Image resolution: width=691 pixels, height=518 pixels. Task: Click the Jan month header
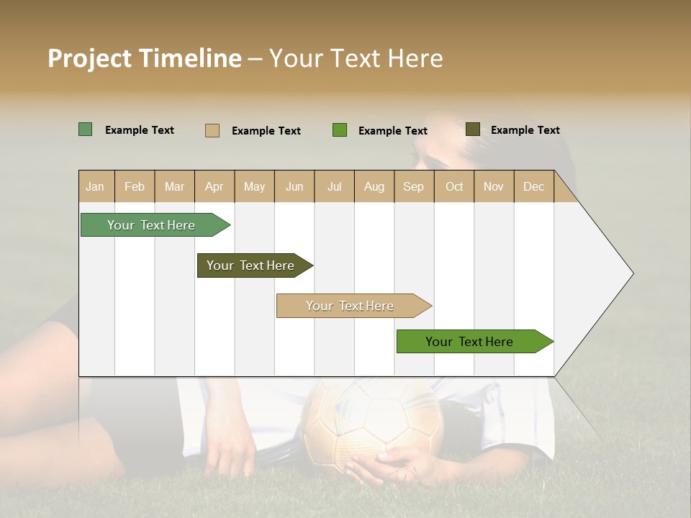point(95,186)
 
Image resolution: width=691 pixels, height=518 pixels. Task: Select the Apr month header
point(214,186)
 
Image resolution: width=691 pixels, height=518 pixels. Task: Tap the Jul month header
point(334,186)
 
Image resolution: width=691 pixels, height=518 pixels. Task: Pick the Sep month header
point(413,186)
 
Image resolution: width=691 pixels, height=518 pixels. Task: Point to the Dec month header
point(533,186)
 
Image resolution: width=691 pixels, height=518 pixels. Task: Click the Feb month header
point(135,186)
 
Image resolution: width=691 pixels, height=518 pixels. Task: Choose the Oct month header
point(454,186)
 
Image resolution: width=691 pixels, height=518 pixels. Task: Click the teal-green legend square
point(86,129)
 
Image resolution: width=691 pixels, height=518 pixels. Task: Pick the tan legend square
point(212,130)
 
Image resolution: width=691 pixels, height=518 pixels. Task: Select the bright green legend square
point(340,130)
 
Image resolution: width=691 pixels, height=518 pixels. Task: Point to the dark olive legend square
point(473,129)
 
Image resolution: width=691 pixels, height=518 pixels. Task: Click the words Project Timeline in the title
point(144,58)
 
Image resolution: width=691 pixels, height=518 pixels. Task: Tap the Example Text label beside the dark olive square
point(525,130)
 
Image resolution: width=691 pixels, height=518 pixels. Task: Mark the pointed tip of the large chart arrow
point(632,273)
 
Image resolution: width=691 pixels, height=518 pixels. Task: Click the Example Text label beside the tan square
point(266,131)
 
